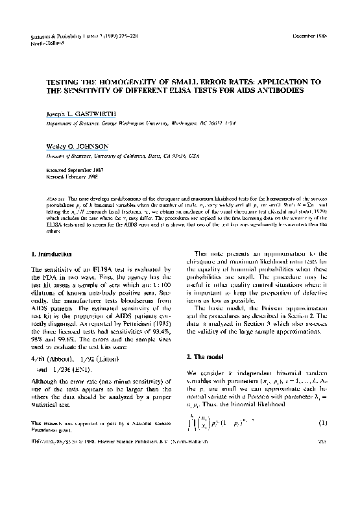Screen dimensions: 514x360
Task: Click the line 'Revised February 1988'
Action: click(x=64, y=176)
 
